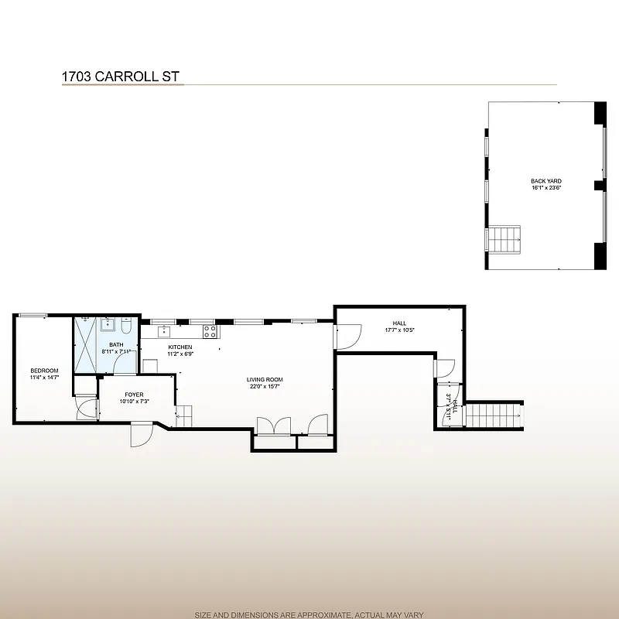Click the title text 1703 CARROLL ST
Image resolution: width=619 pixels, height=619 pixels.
(x=121, y=77)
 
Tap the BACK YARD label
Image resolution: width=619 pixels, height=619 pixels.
(x=545, y=181)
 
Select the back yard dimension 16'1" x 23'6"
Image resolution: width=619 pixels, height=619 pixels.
(x=545, y=188)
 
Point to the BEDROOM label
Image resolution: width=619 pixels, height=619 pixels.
(x=44, y=371)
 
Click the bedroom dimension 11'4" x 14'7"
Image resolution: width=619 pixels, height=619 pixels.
(x=44, y=378)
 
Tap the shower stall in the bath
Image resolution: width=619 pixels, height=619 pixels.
(x=84, y=346)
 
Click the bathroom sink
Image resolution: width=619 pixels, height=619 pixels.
(x=109, y=323)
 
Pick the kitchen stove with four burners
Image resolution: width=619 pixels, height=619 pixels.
(x=210, y=332)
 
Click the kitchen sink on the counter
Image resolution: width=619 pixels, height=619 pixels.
(x=164, y=331)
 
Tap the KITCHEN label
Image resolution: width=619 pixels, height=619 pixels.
(x=180, y=347)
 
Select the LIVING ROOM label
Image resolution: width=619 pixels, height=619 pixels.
(x=265, y=380)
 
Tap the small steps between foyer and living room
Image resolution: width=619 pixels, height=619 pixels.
(x=183, y=417)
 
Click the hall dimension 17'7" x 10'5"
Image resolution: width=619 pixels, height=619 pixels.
(x=399, y=330)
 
